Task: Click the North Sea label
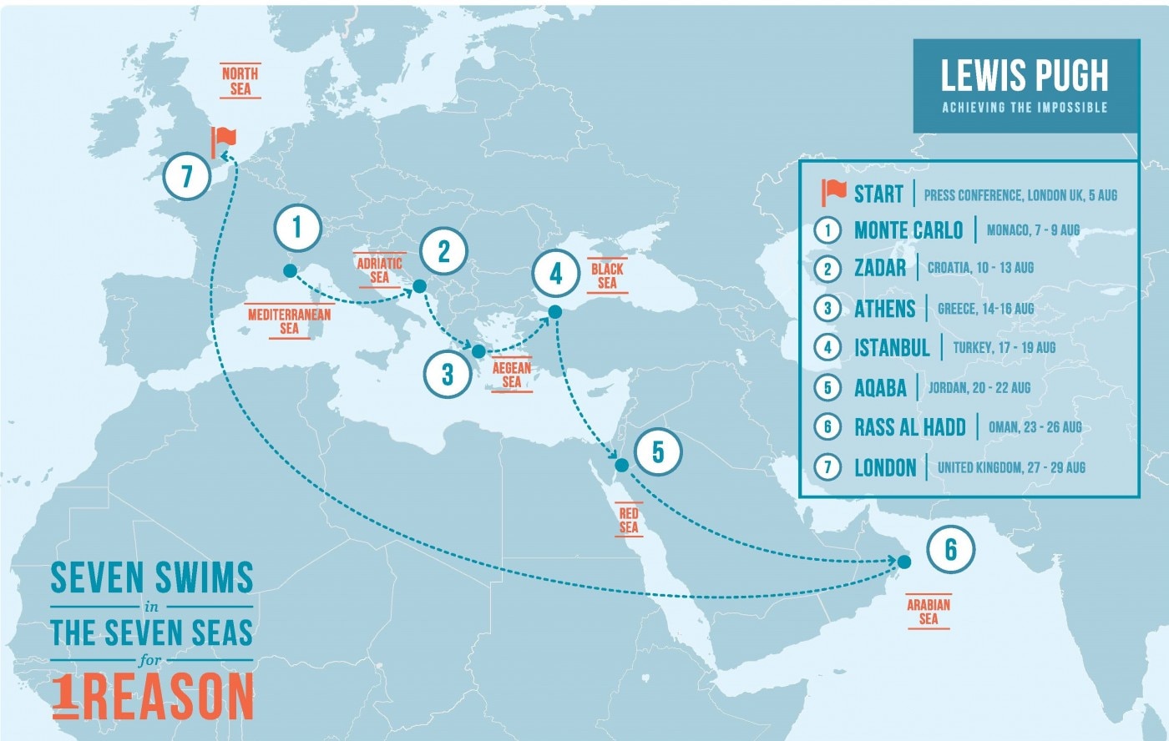240,81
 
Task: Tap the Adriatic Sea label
379,270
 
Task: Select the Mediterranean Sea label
289,321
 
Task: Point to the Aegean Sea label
512,375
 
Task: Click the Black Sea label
607,275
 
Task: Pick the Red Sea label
629,520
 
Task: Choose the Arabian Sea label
929,612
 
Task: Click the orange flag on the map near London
223,141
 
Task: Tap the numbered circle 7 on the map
186,176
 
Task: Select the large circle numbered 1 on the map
296,227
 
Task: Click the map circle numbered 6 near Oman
950,550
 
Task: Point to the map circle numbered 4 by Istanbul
556,273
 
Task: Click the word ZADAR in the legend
880,268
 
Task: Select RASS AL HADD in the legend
909,427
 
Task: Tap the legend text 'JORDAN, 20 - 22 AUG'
979,388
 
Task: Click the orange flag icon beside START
833,192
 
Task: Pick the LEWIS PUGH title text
1025,76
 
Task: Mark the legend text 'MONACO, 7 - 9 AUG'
1033,230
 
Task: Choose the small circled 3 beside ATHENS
827,308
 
